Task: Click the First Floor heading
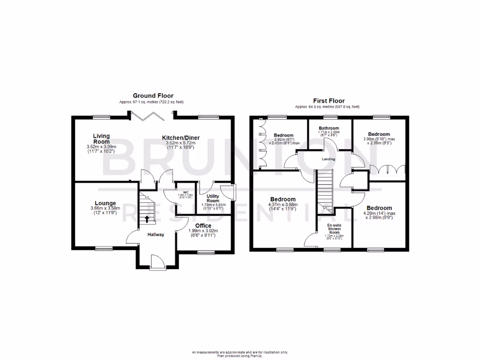click(329, 101)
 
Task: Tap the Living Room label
click(101, 139)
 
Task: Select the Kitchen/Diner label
click(181, 138)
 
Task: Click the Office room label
click(203, 225)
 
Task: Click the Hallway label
click(156, 235)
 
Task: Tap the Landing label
click(328, 159)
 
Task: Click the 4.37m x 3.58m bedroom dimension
click(282, 205)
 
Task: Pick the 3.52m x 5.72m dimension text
click(181, 144)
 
